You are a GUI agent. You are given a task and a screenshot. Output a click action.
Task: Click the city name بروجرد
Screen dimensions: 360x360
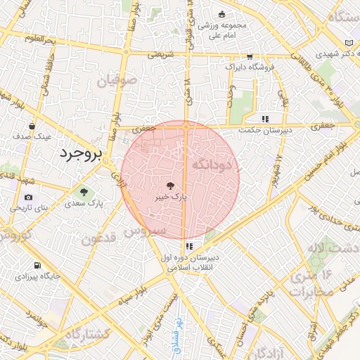pyautogui.click(x=80, y=153)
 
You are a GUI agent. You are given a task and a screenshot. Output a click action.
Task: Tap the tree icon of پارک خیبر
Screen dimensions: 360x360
pyautogui.click(x=170, y=186)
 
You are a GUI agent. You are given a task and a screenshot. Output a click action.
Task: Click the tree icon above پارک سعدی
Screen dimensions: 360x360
pyautogui.click(x=84, y=191)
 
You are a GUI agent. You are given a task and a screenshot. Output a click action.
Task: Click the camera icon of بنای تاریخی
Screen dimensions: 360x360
pyautogui.click(x=28, y=198)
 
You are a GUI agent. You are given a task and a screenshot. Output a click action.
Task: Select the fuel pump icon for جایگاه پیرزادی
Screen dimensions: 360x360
pyautogui.click(x=37, y=267)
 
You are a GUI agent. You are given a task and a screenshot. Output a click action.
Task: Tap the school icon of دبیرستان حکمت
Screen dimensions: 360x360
pyautogui.click(x=264, y=120)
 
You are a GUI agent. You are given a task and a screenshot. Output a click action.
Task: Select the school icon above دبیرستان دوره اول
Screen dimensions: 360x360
pyautogui.click(x=189, y=246)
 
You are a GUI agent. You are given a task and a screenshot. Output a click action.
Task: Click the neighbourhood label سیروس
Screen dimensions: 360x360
pyautogui.click(x=145, y=231)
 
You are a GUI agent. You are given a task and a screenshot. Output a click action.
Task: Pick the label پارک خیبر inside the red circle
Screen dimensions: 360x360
pyautogui.click(x=172, y=198)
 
